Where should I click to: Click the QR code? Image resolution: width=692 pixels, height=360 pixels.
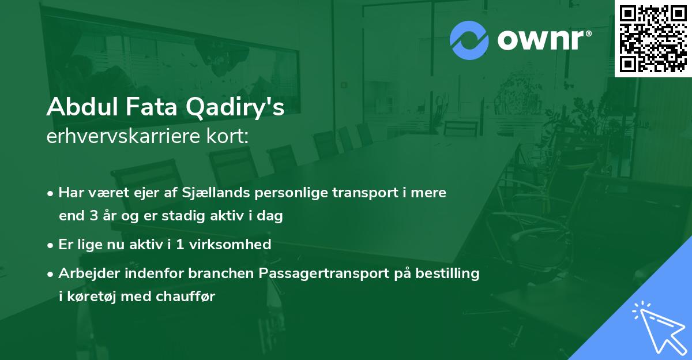(x=653, y=37)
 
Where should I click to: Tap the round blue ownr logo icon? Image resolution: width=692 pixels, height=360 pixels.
(x=469, y=40)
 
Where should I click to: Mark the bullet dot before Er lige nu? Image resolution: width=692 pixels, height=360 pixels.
(x=51, y=245)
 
